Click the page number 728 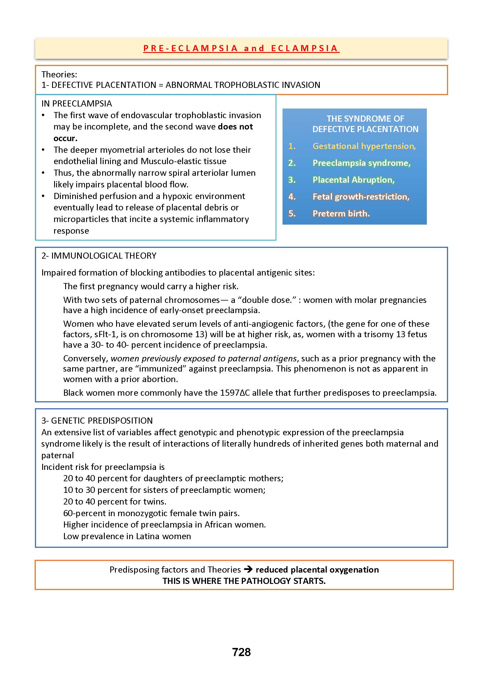[241, 652]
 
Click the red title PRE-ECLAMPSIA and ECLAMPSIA [241, 48]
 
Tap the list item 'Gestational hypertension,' [364, 146]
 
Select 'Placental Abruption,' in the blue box [353, 180]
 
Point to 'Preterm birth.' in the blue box [341, 214]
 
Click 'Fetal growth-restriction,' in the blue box [361, 197]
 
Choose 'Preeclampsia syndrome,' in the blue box [361, 163]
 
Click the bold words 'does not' [235, 127]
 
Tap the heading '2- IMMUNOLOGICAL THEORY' [99, 256]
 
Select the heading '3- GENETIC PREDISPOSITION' [97, 420]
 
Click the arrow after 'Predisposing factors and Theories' [248, 569]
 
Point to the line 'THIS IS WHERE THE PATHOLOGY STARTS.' [244, 581]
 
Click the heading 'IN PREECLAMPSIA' [77, 104]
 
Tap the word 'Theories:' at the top [59, 74]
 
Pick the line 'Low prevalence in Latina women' [127, 536]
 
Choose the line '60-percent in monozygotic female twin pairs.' [151, 513]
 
